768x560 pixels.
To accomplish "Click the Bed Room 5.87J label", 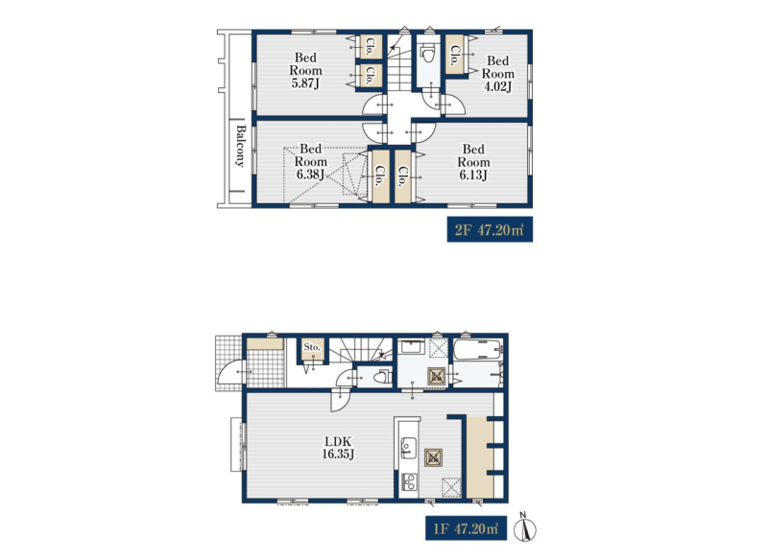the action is (x=305, y=70).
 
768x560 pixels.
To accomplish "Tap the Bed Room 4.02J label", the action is (x=497, y=74).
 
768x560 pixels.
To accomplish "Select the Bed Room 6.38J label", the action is (x=310, y=161).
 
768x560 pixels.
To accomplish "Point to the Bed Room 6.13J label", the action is (x=473, y=162).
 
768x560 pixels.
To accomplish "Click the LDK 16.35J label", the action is (x=338, y=448).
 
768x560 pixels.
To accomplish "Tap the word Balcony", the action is (x=241, y=146).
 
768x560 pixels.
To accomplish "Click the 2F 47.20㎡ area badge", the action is (x=490, y=230).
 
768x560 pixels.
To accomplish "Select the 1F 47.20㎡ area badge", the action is (x=466, y=528).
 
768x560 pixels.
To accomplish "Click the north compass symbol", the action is (x=525, y=526).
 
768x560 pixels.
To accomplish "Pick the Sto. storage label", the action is (x=312, y=347).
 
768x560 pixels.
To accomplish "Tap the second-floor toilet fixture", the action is (x=428, y=53).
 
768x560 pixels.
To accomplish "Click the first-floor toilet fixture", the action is (x=381, y=377).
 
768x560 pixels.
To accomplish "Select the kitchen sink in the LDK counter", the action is (x=409, y=448).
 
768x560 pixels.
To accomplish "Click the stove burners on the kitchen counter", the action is (x=409, y=481).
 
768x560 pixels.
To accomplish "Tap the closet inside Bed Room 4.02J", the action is (x=454, y=55).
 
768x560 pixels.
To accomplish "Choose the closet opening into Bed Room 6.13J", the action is (x=402, y=176).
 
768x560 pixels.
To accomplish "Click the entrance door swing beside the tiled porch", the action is (x=230, y=372).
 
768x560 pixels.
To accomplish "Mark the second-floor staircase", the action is (x=399, y=62).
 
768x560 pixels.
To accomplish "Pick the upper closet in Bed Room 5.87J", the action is (x=371, y=47).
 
